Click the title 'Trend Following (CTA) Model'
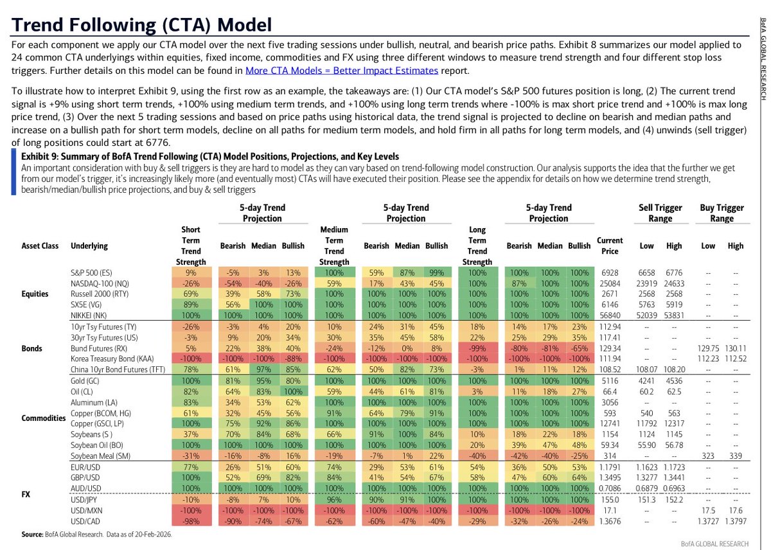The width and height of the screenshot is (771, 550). tap(142, 25)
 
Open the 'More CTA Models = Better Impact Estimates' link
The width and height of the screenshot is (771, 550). tap(342, 71)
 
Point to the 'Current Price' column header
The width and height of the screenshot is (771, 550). tap(610, 245)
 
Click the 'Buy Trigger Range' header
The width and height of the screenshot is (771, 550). tap(722, 213)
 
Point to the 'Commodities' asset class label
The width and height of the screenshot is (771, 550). tap(44, 418)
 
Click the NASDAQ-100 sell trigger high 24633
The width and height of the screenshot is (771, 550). tap(674, 283)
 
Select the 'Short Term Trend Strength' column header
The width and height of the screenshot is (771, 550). tap(191, 245)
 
